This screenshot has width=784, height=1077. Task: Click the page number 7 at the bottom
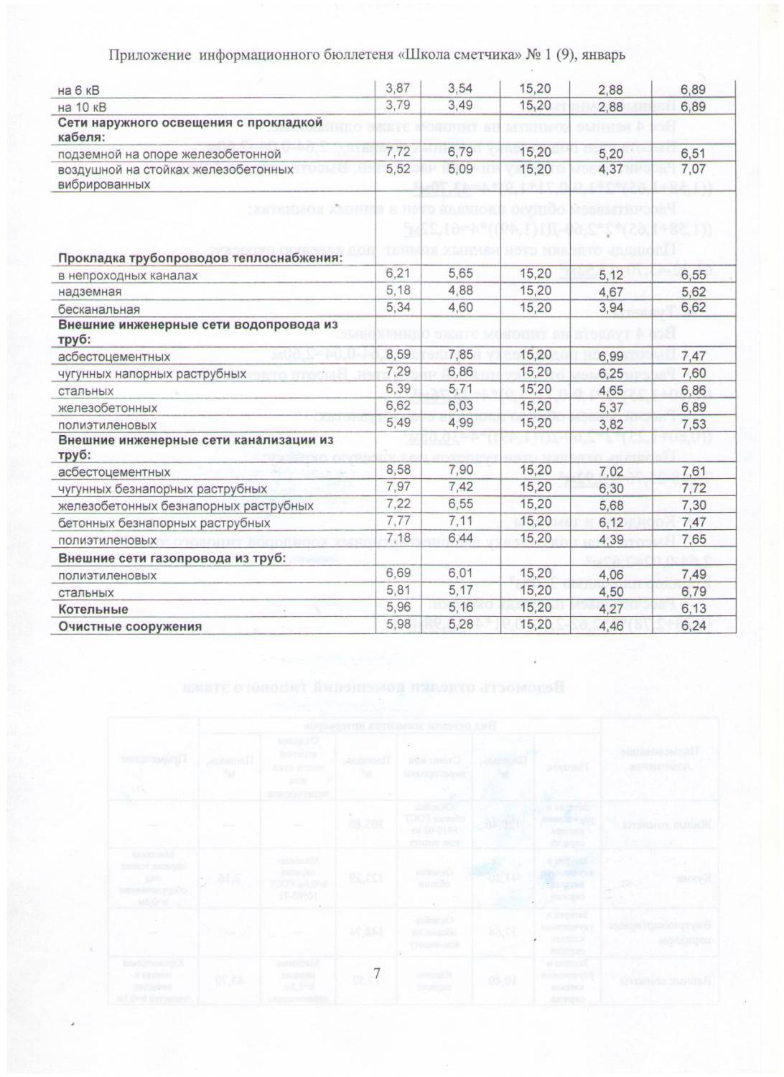[x=376, y=974]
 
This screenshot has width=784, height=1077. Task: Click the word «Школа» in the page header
[x=424, y=55]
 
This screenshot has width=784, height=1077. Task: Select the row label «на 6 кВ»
[x=78, y=90]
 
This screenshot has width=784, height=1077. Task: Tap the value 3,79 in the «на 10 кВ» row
[x=398, y=106]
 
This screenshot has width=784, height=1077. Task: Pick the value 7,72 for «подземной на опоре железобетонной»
[x=398, y=152]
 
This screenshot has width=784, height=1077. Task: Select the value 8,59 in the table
[x=398, y=355]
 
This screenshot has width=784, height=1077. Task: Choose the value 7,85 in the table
[x=460, y=355]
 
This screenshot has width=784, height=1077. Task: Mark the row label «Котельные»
[x=93, y=610]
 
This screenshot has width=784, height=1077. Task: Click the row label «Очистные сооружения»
[x=130, y=626]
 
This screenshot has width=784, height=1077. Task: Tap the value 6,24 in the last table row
[x=693, y=625]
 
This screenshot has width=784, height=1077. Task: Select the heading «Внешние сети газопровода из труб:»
[x=172, y=558]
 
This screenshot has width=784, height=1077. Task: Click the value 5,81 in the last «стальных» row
[x=398, y=590]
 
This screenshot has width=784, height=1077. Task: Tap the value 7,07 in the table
[x=693, y=169]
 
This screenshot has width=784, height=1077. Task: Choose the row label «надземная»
[x=90, y=292]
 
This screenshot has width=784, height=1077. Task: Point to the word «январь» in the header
[x=604, y=55]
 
